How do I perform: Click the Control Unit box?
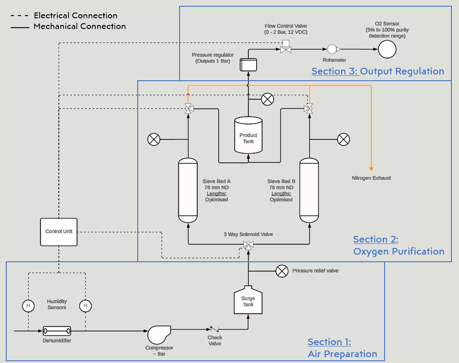[x=59, y=232]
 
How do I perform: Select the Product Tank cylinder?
[x=248, y=136]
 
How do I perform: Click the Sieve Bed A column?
[x=188, y=190]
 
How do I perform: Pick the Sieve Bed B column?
[x=309, y=190]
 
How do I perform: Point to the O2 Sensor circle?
[x=387, y=49]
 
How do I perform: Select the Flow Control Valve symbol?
[x=285, y=48]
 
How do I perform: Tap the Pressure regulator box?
[x=248, y=65]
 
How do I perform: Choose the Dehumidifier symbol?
[x=57, y=331]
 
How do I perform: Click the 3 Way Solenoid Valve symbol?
[x=248, y=245]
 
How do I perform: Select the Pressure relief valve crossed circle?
[x=282, y=271]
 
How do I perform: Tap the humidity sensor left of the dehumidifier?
[x=28, y=305]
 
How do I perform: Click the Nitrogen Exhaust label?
[x=371, y=178]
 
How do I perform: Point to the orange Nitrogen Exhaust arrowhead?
[x=371, y=168]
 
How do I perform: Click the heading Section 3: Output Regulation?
[x=377, y=71]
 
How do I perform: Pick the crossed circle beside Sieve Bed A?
[x=154, y=140]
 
